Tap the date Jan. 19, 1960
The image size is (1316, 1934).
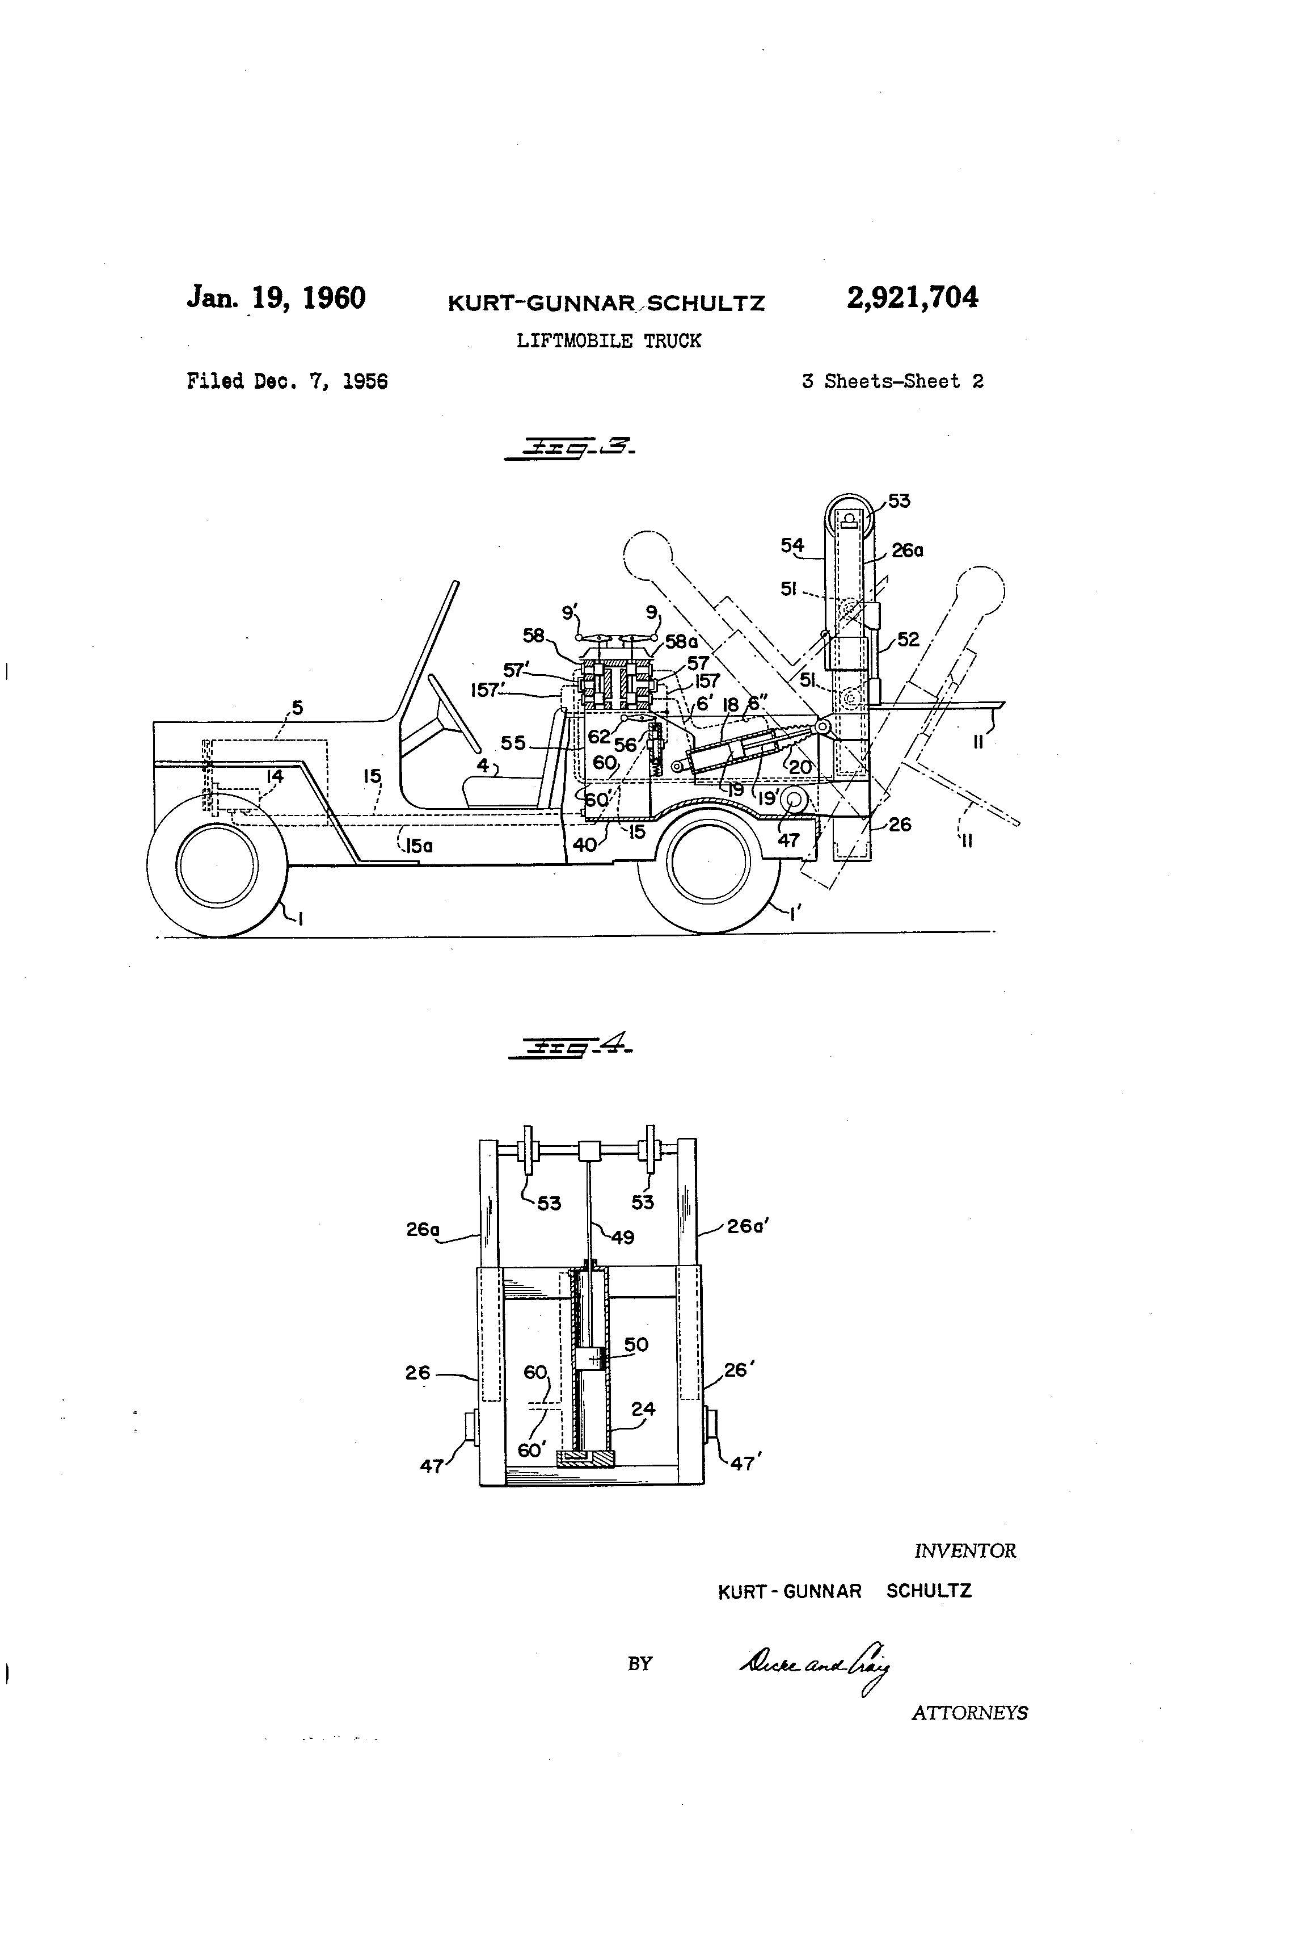coord(276,298)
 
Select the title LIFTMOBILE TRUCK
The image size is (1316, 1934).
coord(608,341)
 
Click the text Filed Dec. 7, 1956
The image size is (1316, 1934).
coord(287,382)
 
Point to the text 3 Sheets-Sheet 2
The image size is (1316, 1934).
coord(893,382)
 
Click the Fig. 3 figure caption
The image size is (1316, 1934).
coord(571,448)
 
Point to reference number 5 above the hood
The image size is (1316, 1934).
coord(297,708)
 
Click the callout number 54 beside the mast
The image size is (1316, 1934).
coord(792,546)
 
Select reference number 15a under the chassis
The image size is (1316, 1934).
coord(419,846)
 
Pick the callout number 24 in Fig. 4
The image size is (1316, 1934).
coord(643,1409)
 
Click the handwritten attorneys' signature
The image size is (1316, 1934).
coord(815,1664)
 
